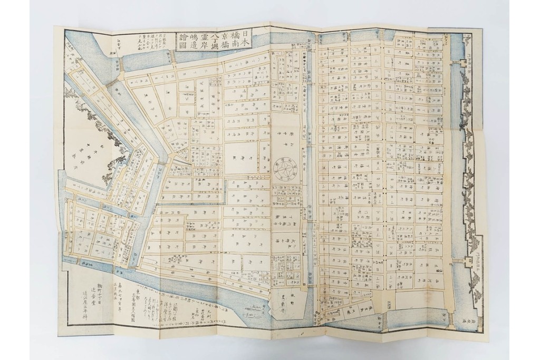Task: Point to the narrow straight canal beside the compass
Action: (310, 174)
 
